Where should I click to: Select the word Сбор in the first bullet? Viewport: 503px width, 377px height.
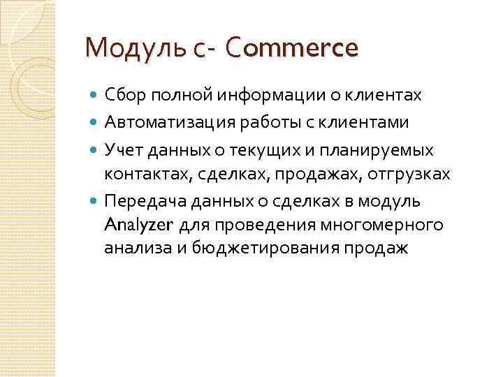coord(123,94)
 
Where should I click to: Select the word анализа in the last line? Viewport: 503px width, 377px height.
coord(130,247)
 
